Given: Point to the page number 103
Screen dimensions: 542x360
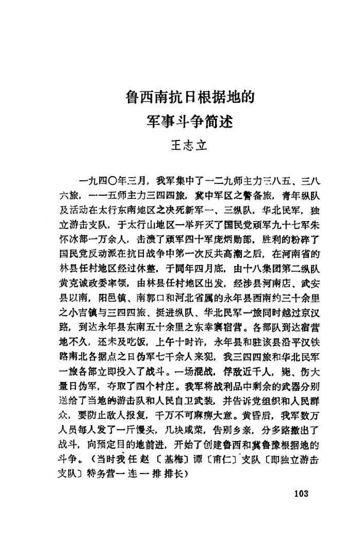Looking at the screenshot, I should (302, 493).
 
